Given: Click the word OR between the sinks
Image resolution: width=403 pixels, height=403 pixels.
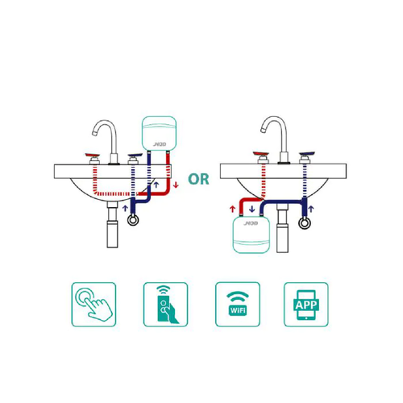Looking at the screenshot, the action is [x=198, y=179].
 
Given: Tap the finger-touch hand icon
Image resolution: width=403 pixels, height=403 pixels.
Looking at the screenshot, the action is [x=93, y=305].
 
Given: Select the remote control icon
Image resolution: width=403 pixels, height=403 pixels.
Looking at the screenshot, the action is [x=165, y=305].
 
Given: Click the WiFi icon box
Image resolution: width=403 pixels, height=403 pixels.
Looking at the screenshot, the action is [x=238, y=305].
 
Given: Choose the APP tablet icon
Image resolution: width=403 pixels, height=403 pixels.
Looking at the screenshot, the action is [x=306, y=305].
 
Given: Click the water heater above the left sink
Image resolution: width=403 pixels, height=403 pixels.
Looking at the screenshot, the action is [x=159, y=133].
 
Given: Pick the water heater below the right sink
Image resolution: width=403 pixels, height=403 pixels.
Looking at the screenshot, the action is [x=251, y=235].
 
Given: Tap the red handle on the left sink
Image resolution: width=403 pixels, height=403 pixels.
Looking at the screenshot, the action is [x=93, y=156].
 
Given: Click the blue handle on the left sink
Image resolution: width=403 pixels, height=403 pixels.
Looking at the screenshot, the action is [x=135, y=156].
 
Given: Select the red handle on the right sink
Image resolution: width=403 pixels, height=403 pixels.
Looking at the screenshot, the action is [x=260, y=154].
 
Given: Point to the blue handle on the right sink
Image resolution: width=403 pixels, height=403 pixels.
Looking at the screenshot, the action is [x=307, y=154].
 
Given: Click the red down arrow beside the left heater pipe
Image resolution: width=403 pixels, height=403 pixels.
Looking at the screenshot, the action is [x=176, y=185].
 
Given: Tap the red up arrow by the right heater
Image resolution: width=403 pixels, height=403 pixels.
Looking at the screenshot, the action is [x=233, y=209].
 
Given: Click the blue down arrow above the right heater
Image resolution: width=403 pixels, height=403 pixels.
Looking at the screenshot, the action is [x=252, y=209].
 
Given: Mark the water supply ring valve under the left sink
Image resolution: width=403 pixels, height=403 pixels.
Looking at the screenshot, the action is [x=133, y=220].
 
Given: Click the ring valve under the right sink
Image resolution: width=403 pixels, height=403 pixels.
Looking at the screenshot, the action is [x=305, y=223].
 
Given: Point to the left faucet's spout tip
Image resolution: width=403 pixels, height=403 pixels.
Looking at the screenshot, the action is [x=94, y=133].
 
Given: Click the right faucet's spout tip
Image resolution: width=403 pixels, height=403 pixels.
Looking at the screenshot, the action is [x=263, y=130].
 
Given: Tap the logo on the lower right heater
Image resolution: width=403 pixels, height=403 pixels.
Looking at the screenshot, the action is [x=251, y=223].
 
